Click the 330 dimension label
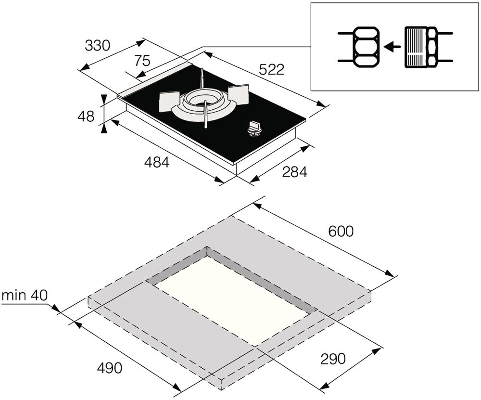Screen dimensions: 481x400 [x=97, y=46]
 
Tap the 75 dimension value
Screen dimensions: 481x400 [x=142, y=61]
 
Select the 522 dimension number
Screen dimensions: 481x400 [x=271, y=70]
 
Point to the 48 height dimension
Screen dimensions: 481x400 [x=86, y=116]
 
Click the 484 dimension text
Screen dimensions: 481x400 [x=157, y=162]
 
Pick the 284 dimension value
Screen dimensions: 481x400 [x=294, y=172]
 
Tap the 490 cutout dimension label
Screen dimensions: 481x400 [x=109, y=367]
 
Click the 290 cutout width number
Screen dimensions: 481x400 [x=333, y=359]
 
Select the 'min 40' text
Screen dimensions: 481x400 [x=25, y=296]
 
